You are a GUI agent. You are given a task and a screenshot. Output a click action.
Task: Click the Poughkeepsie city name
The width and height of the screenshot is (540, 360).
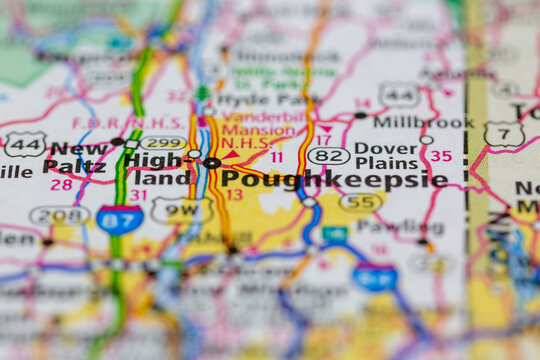tap(334, 179)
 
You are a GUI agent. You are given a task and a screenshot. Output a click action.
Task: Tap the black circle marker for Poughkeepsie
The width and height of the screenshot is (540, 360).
tap(212, 162)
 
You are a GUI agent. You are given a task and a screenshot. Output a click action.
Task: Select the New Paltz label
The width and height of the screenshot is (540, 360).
tap(76, 158)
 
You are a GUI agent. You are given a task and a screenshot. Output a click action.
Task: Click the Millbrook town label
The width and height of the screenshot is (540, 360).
tap(423, 122)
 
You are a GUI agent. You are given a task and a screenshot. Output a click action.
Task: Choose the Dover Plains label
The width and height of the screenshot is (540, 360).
tap(386, 156)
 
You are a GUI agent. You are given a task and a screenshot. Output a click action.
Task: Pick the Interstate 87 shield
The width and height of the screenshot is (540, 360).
tap(119, 220)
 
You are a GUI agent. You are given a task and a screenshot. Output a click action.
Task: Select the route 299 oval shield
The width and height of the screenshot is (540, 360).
tap(163, 143)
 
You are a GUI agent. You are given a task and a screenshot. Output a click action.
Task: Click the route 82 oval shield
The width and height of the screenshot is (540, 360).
tap(328, 155)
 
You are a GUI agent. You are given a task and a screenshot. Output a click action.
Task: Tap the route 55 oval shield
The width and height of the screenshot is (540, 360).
tap(360, 202)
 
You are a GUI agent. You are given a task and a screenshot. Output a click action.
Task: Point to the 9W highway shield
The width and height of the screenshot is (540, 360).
tap(181, 210)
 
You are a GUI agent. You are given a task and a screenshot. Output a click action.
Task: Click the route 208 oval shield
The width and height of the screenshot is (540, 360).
tap(59, 215)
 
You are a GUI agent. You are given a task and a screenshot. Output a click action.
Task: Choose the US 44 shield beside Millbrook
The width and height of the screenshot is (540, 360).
tap(399, 95)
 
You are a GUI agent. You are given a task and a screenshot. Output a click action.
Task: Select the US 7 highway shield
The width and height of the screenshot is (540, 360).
tap(504, 134)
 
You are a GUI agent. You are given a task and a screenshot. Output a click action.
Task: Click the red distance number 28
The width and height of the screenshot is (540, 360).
tap(61, 185)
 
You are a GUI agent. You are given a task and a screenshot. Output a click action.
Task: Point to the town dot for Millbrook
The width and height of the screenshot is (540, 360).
tap(361, 115)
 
